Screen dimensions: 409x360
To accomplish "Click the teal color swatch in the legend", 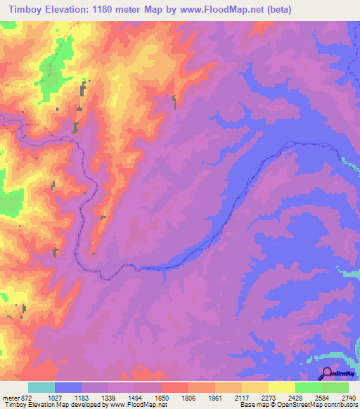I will [41, 387].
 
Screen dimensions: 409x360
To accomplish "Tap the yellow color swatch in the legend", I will [281, 387].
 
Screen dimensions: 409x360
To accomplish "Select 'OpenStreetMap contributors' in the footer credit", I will [321, 404].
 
